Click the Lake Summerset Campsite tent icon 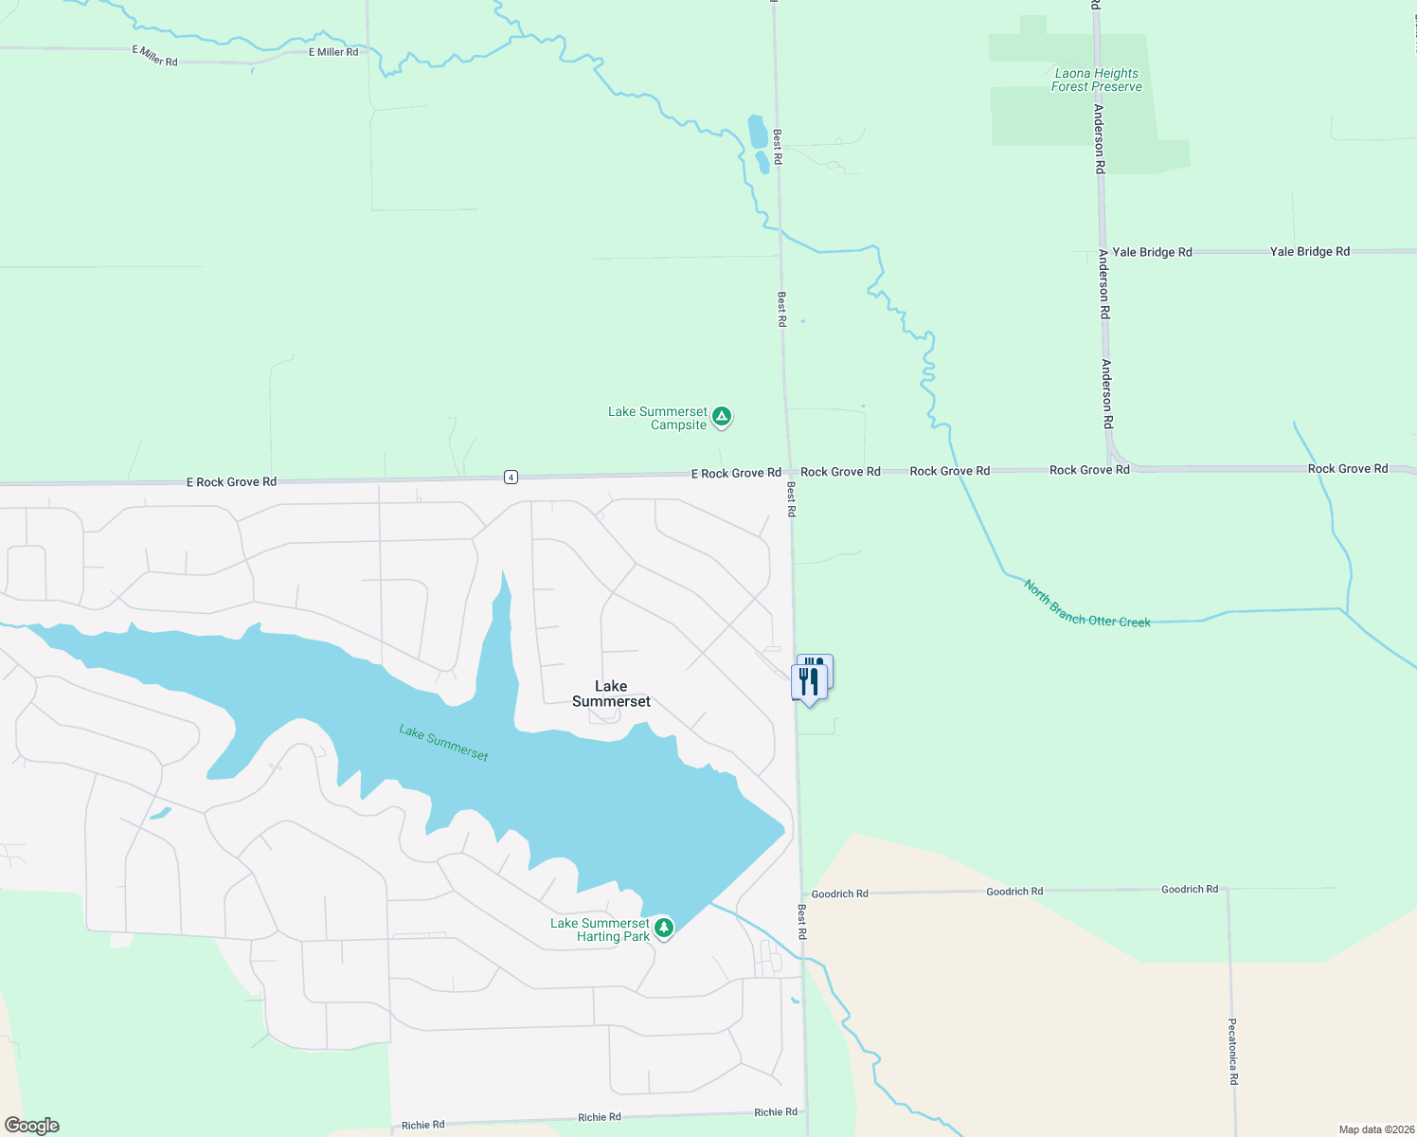(722, 416)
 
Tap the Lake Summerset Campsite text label (658, 418)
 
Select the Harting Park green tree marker (664, 928)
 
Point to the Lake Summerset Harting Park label (601, 929)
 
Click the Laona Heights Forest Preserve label (1096, 80)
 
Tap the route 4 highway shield (511, 477)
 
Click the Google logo (32, 1126)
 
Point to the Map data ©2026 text (1374, 1129)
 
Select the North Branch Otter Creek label (1086, 604)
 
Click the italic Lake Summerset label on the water (443, 743)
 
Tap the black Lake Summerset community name (611, 694)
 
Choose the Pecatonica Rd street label (1232, 1052)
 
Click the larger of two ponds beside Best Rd (757, 132)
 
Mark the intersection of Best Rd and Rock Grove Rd (789, 471)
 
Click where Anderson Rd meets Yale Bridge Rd (1102, 252)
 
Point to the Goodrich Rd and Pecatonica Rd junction (1228, 890)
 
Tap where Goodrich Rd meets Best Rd (801, 893)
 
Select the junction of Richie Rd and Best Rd (806, 1111)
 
